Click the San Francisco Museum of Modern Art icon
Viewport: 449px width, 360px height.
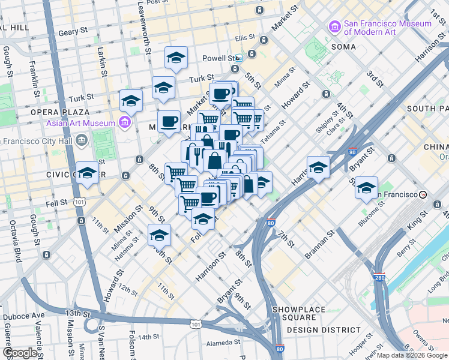point(334,27)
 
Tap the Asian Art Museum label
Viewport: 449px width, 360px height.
point(80,124)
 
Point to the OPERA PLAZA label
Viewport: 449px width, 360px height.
point(60,112)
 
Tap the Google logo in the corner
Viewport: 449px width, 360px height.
point(20,353)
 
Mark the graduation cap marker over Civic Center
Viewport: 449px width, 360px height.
point(88,174)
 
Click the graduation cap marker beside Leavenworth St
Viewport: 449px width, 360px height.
point(176,58)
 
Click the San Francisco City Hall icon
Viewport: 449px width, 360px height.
point(82,140)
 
